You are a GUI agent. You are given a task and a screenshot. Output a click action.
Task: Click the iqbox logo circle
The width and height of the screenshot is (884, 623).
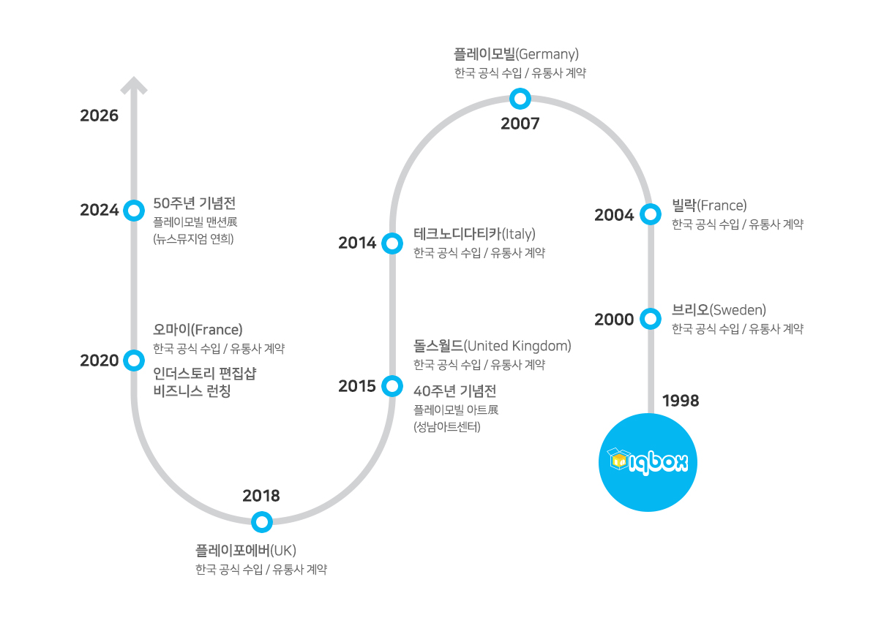pos(648,462)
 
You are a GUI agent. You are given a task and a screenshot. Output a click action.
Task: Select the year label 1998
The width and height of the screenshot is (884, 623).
pos(681,401)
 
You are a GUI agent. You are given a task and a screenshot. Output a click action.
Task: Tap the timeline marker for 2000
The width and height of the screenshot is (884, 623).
pos(650,319)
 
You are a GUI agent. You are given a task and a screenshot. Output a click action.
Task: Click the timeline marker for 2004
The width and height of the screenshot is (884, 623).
pos(650,214)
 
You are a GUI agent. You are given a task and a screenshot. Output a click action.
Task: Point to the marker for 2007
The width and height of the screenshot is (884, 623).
pos(520,98)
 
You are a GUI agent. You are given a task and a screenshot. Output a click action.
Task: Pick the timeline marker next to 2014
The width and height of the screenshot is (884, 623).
pos(392,243)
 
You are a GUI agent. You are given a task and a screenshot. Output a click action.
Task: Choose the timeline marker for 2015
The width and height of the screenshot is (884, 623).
pos(392,385)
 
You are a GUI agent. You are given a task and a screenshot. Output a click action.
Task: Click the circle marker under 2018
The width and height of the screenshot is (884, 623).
pos(261,522)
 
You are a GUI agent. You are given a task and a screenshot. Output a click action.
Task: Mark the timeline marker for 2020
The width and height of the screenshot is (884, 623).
pos(134,360)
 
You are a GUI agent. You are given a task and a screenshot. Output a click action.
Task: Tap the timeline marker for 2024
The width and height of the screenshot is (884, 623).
pos(134,211)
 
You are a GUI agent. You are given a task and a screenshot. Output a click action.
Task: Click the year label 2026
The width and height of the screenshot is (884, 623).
pos(100,116)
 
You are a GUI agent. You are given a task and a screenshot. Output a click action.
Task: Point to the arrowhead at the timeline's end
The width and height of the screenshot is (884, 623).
pos(134,86)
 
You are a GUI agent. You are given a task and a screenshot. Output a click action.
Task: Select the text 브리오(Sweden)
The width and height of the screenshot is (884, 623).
pos(719,310)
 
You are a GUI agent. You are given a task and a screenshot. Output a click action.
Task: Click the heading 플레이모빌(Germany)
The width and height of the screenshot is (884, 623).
pos(516,54)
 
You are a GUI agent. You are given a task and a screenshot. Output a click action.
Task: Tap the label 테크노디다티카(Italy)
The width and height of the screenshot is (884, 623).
pos(474,234)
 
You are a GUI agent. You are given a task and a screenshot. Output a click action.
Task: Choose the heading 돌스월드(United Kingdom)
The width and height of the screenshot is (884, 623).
pos(492,346)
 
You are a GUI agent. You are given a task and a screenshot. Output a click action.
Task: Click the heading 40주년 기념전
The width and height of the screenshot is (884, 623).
pos(454,391)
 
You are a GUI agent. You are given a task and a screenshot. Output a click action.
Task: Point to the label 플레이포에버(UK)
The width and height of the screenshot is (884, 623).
pos(245,550)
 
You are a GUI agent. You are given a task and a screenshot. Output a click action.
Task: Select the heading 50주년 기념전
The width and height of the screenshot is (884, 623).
pos(194,203)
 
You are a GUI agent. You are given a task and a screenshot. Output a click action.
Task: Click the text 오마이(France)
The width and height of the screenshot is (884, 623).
pos(198,330)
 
